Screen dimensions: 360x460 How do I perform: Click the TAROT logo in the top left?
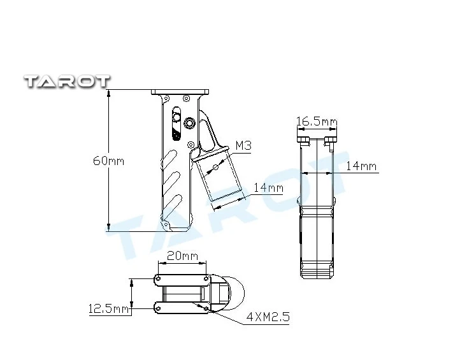(x=67, y=81)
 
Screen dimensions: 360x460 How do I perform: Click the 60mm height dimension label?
(x=108, y=161)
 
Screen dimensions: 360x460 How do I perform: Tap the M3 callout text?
(x=243, y=146)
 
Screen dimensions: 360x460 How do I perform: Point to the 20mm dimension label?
(x=182, y=256)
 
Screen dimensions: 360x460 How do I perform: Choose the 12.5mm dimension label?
(x=108, y=310)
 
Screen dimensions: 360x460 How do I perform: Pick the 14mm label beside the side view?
(x=361, y=167)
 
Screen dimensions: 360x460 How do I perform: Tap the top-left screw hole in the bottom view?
(x=157, y=278)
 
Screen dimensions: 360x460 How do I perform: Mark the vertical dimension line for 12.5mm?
(x=131, y=293)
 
